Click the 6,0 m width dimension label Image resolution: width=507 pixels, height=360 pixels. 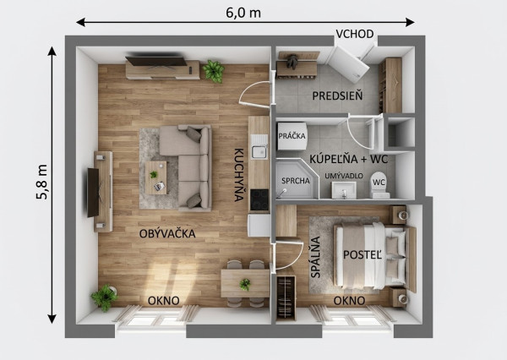click(x=243, y=13)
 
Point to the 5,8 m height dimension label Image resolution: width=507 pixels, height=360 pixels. click(x=42, y=182)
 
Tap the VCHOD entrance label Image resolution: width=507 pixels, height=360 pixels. click(x=355, y=34)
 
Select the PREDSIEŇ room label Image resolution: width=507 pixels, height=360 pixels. click(x=337, y=95)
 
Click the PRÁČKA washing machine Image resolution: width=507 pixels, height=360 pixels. click(x=292, y=136)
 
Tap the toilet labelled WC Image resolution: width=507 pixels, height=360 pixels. click(x=379, y=185)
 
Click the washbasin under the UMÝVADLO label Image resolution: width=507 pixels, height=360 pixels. click(x=344, y=190)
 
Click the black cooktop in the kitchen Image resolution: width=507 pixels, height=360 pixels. click(x=259, y=199)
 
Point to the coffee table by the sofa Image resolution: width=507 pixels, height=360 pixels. click(x=156, y=177)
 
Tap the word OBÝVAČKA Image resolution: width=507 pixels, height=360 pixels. click(x=167, y=233)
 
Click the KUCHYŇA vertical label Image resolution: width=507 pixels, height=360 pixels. click(x=239, y=175)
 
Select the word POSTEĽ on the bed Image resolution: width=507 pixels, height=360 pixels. click(x=363, y=255)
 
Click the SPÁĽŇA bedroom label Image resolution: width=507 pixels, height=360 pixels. click(x=315, y=257)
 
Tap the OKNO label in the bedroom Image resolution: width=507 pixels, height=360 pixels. click(x=349, y=301)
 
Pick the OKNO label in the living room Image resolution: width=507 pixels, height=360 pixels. click(x=164, y=301)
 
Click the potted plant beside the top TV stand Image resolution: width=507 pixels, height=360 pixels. click(x=214, y=71)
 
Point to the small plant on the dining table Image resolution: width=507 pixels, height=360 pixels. click(x=245, y=285)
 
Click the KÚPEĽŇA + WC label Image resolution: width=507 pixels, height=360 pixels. click(x=348, y=159)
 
